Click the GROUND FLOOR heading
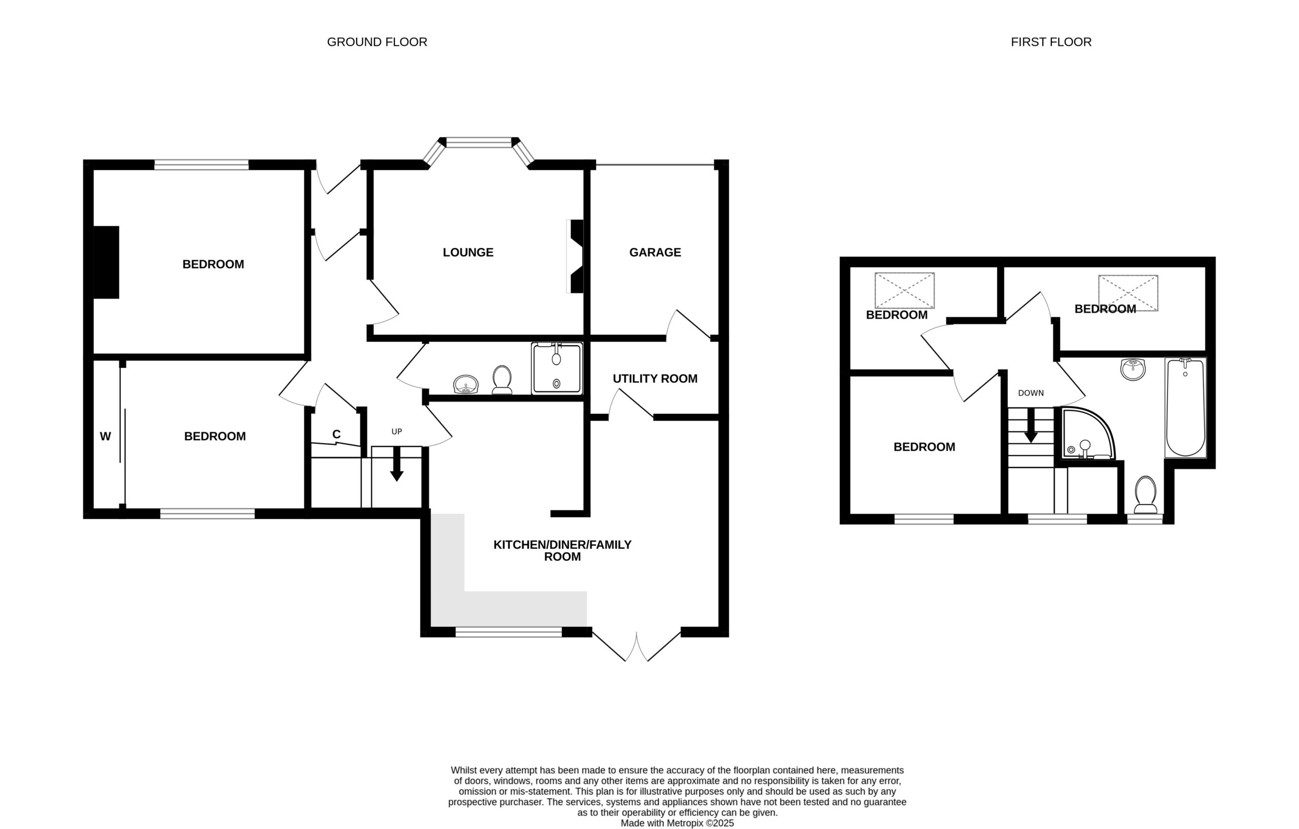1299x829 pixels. click(377, 42)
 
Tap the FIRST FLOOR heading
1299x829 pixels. click(1051, 42)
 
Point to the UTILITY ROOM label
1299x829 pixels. click(655, 379)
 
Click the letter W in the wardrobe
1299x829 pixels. click(105, 437)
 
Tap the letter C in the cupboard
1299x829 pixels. click(336, 435)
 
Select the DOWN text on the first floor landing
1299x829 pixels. click(1031, 393)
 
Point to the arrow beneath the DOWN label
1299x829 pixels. click(1031, 425)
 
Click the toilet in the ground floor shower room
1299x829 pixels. click(502, 380)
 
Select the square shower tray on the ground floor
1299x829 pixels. click(557, 368)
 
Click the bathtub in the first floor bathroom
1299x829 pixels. click(1185, 408)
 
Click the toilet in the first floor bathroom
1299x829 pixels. click(1145, 494)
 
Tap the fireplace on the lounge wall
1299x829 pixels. click(575, 256)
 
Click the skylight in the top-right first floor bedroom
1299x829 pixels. click(1128, 293)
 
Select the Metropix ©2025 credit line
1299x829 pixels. click(677, 823)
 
